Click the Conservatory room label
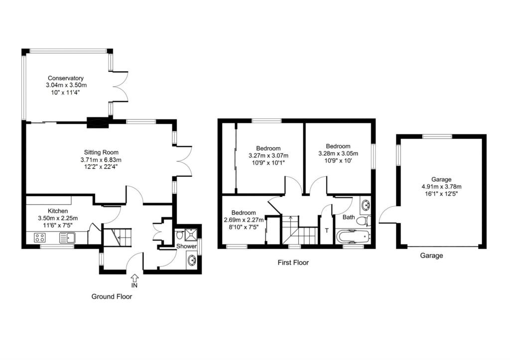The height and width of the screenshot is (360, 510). pos(65,78)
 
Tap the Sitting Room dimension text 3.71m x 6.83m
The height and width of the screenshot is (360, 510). pos(101,160)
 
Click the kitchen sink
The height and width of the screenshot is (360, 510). pos(66,238)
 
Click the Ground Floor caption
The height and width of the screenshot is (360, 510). pos(112,296)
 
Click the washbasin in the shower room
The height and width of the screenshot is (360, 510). pos(192,260)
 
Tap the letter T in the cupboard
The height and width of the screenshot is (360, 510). pos(327,231)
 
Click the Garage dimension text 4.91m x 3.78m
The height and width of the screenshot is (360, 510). pos(441,187)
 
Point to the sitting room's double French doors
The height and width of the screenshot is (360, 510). pos(182,161)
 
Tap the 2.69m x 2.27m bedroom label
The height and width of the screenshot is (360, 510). pos(244,220)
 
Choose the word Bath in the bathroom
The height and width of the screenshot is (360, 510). pos(348,217)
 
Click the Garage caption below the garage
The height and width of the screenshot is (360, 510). pos(431,255)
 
